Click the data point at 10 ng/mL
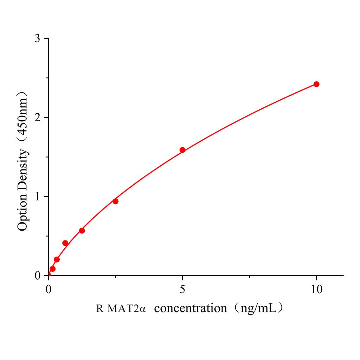click(x=316, y=84)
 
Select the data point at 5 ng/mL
click(x=182, y=150)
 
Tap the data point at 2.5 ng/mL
click(x=115, y=201)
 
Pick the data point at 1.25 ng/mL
click(x=82, y=231)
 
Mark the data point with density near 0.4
click(x=65, y=243)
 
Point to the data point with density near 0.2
click(x=57, y=259)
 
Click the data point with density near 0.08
click(x=52, y=269)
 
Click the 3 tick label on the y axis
click(x=37, y=38)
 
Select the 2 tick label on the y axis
click(x=37, y=117)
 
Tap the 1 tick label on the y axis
click(x=37, y=197)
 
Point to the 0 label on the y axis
click(x=37, y=275)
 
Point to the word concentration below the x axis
click(x=191, y=309)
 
